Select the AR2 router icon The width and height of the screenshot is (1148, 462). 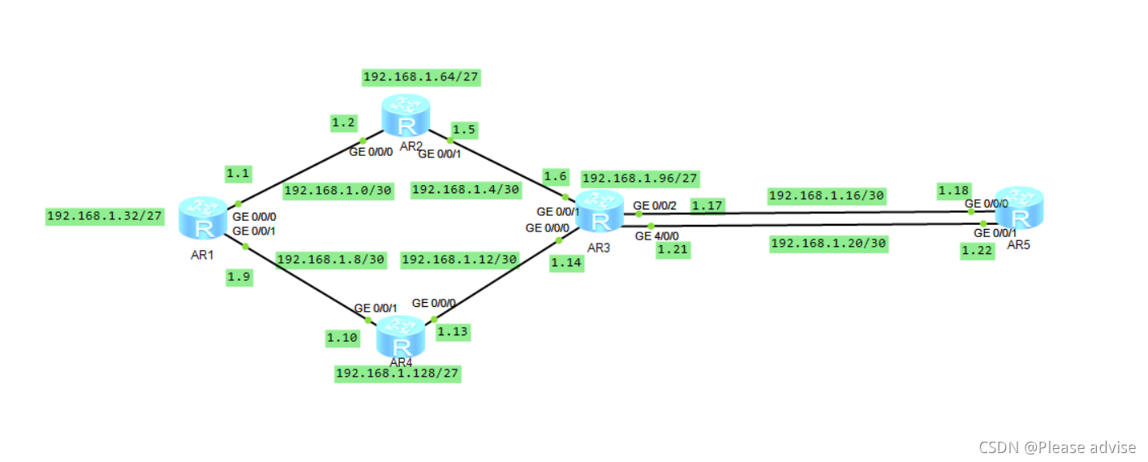[x=406, y=115]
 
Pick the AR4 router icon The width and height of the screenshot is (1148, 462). [x=401, y=337]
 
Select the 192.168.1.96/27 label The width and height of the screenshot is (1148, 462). [x=640, y=179]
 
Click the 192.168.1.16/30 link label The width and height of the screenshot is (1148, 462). [x=826, y=196]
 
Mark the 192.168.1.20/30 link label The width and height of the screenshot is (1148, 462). [x=828, y=244]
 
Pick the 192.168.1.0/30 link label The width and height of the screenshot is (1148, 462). [x=338, y=192]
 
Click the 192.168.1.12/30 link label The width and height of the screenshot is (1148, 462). [x=459, y=259]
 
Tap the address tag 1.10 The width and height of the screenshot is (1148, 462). [x=342, y=337]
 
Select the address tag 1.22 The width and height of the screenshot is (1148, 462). [x=977, y=251]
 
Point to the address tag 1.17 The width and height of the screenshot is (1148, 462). [x=707, y=205]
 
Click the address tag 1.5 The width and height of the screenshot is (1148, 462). [x=465, y=130]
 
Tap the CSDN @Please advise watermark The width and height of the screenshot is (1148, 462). [x=1056, y=447]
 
